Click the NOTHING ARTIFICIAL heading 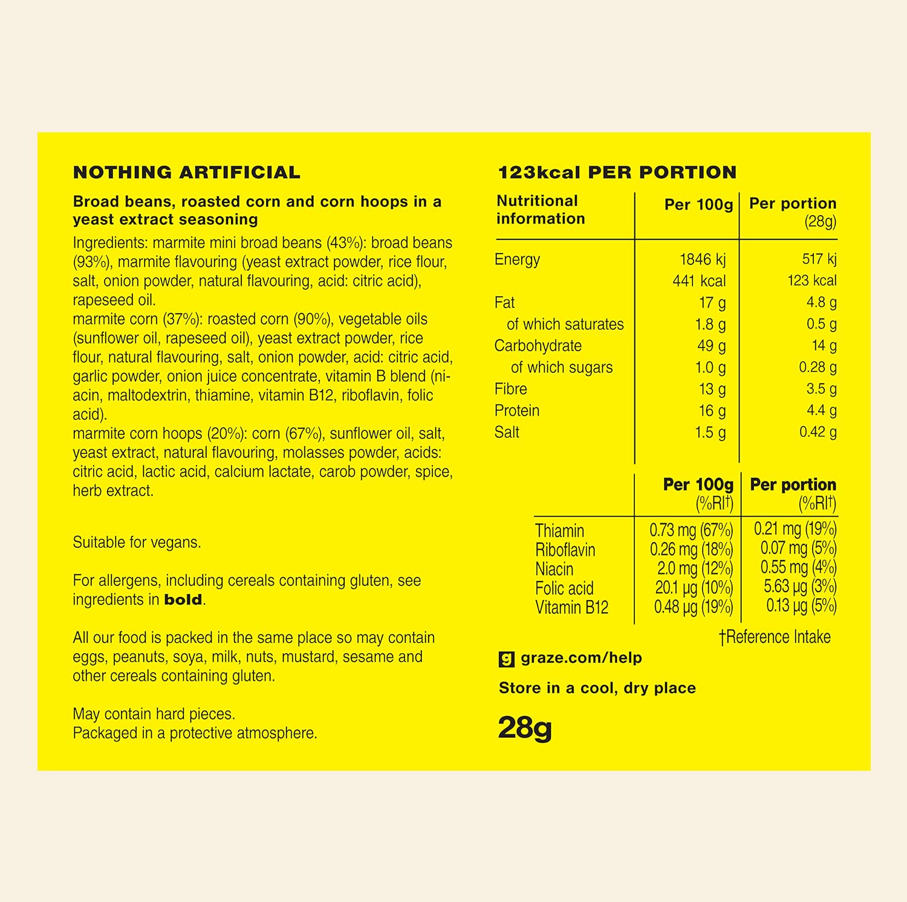tap(186, 173)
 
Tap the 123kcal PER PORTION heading tap(617, 173)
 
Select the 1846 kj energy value tap(702, 260)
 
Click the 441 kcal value tap(698, 281)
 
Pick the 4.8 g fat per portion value tap(821, 303)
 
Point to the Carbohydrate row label tap(538, 346)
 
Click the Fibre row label tap(510, 389)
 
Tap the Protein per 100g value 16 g tap(712, 411)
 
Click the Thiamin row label tap(559, 531)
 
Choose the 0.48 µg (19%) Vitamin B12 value tap(693, 607)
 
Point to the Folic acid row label tap(564, 588)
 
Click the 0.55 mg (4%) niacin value tap(798, 567)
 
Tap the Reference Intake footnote tap(775, 637)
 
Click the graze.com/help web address tap(581, 658)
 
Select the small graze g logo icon tap(506, 659)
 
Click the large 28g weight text tap(525, 728)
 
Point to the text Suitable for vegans tap(137, 543)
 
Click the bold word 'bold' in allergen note tap(183, 600)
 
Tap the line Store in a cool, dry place tap(597, 688)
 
